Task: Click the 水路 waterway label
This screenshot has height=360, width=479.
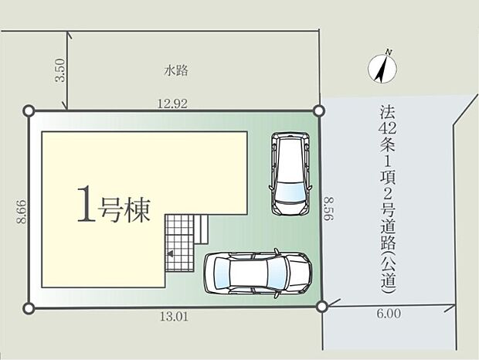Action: click(175, 71)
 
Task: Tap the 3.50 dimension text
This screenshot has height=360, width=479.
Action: click(60, 70)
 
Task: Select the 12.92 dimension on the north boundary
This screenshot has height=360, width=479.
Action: click(172, 104)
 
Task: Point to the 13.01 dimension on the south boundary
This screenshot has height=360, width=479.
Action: click(174, 317)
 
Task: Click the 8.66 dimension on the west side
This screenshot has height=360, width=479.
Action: click(22, 212)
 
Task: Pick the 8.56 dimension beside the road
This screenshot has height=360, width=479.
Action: click(329, 209)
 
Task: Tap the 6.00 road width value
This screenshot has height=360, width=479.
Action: click(389, 314)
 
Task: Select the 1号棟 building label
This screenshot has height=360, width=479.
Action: click(114, 205)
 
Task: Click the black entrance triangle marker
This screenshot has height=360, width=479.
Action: click(170, 253)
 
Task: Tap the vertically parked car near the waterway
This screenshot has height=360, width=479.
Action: click(290, 174)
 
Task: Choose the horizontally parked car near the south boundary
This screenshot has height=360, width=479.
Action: click(258, 273)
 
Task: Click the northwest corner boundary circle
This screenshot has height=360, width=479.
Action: click(29, 110)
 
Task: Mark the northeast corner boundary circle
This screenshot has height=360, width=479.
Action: click(318, 110)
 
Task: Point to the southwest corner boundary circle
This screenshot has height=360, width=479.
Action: click(29, 308)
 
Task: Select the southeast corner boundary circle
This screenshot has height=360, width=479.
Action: click(322, 307)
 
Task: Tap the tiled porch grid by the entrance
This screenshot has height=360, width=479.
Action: click(179, 243)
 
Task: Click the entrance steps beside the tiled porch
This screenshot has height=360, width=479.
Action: click(202, 229)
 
